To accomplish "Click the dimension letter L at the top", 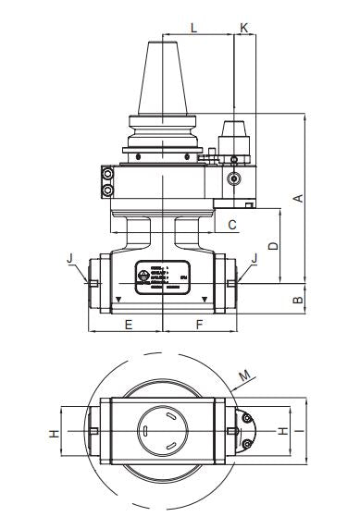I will (x=192, y=28).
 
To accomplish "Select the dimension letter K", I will (x=243, y=28).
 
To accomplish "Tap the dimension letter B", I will (x=297, y=300).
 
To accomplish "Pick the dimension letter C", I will (x=232, y=225).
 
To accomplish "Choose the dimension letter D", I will (x=271, y=246).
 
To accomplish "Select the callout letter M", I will (x=244, y=375).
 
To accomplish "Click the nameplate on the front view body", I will (x=162, y=277).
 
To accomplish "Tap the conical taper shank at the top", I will (x=163, y=79).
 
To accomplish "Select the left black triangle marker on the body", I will (x=119, y=299).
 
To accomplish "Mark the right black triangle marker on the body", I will (x=205, y=299).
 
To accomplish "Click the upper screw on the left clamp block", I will (x=108, y=174).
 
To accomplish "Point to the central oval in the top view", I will (x=163, y=431).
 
